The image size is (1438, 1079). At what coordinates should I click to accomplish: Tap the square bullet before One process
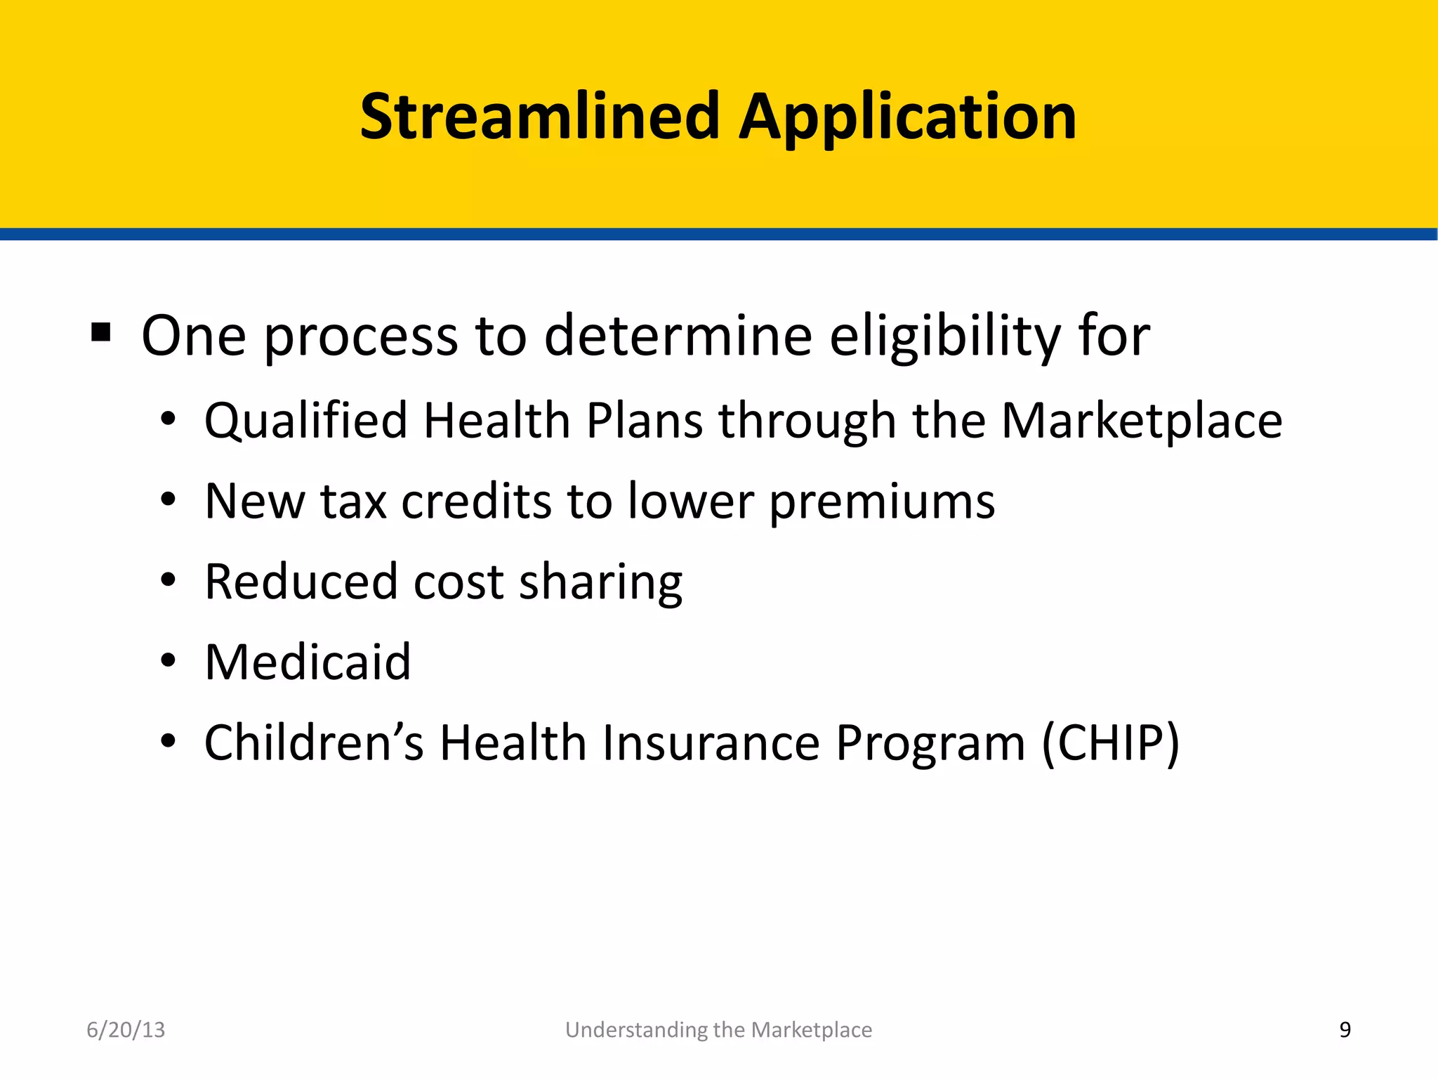tap(101, 332)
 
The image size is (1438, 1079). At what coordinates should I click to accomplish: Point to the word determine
tap(678, 336)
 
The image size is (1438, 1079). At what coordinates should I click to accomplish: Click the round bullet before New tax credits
tap(168, 500)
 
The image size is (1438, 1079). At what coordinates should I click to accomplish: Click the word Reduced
tap(301, 582)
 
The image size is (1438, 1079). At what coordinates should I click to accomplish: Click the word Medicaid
tap(308, 662)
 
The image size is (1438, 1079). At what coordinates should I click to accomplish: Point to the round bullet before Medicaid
tap(168, 661)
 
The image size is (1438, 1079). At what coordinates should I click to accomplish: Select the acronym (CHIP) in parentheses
tap(1110, 743)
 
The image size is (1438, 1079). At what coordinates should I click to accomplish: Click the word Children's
tap(314, 743)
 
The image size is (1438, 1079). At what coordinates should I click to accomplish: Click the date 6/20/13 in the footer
tap(126, 1030)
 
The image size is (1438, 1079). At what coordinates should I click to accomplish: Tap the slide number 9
tap(1345, 1030)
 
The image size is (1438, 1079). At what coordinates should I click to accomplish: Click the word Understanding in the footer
tap(626, 1031)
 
